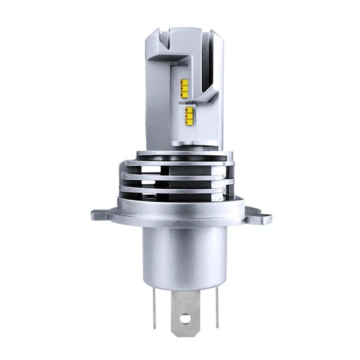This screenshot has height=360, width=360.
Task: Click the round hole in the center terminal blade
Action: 185,318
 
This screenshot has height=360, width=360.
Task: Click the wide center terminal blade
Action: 185,306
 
